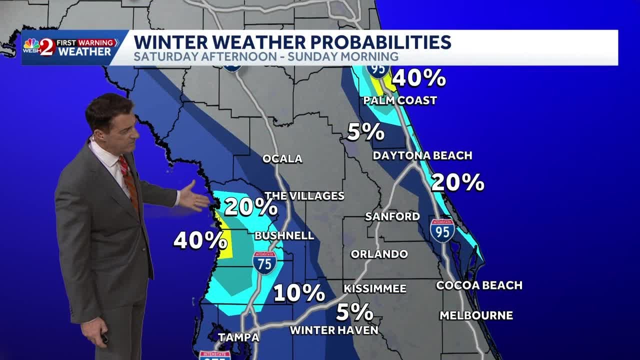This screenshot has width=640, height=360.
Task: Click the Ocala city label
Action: [x=282, y=159]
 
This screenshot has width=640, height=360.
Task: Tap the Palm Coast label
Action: [x=400, y=100]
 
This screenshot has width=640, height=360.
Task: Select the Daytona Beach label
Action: [x=422, y=155]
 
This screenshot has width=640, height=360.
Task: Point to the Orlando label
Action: [x=379, y=254]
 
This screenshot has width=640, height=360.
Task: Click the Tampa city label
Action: [x=238, y=337]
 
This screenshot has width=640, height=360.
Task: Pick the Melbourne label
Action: [x=476, y=315]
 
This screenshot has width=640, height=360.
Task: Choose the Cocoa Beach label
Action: [x=479, y=285]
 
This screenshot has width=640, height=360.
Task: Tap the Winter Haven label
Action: [x=334, y=330]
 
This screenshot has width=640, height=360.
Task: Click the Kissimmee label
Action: [x=374, y=289]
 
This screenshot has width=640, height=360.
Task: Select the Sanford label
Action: [x=392, y=216]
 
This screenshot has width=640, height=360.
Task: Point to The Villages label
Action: [x=304, y=196]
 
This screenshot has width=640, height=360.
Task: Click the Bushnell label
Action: [x=284, y=235]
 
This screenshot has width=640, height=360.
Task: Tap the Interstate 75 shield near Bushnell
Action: [x=264, y=262]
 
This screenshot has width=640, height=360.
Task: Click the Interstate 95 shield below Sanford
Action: [x=442, y=230]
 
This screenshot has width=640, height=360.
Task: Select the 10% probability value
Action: [x=299, y=293]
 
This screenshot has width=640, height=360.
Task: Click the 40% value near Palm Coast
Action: [x=418, y=78]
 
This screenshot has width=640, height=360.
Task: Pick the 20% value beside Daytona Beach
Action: [x=457, y=182]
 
